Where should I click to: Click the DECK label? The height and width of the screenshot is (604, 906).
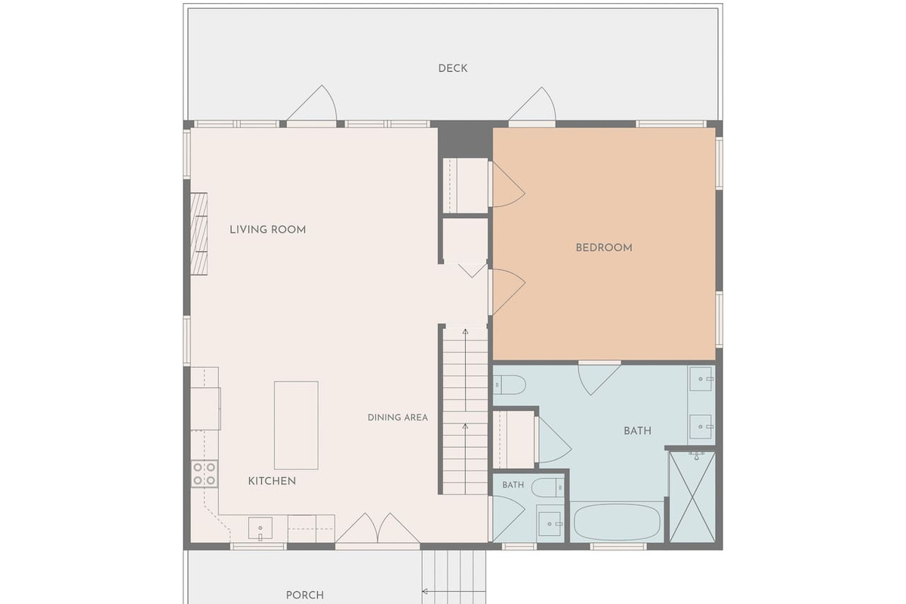(452, 69)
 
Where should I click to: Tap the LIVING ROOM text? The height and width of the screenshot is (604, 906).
(268, 230)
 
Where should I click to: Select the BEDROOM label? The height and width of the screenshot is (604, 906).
(604, 248)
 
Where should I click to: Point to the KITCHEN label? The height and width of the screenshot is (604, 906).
(272, 481)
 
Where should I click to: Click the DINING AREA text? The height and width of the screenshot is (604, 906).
(398, 418)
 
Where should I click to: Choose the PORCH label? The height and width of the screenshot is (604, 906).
(305, 595)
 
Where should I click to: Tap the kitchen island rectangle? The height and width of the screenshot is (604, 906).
(296, 425)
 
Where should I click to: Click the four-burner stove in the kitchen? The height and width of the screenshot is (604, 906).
(205, 473)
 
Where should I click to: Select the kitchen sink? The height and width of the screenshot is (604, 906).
(260, 528)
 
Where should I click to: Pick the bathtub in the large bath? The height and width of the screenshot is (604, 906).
(617, 522)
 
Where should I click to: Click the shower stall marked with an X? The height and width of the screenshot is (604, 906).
(692, 498)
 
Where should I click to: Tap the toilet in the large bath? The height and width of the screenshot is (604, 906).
(510, 384)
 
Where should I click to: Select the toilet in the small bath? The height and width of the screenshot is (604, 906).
(547, 488)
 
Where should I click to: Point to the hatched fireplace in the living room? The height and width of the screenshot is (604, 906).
(199, 234)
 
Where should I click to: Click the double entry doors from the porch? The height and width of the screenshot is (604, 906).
(377, 528)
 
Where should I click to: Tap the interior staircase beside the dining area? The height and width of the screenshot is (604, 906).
(466, 411)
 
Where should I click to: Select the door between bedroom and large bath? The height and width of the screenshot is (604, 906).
(599, 379)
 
